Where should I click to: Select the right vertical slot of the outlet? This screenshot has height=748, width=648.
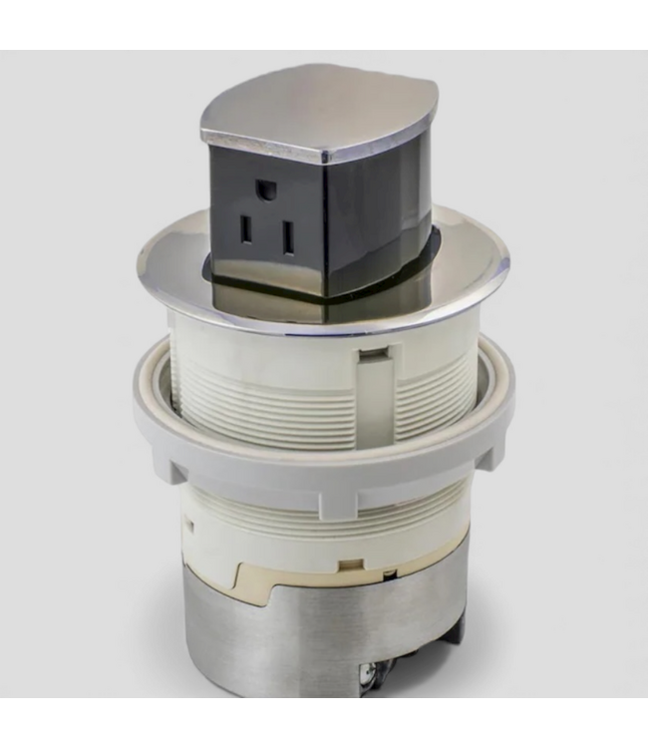pos(287,237)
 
